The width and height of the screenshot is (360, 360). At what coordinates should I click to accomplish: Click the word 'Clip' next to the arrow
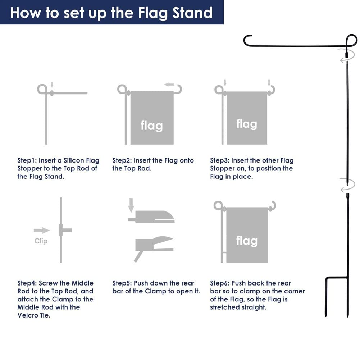41,241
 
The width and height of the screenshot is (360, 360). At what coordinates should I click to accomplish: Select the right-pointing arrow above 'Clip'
42,230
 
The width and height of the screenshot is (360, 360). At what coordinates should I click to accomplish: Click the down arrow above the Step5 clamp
131,206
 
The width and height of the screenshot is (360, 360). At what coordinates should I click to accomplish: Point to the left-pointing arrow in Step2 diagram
169,85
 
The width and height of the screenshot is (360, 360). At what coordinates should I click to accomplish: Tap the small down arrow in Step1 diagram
52,85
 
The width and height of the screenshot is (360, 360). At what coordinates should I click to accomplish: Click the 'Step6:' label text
220,283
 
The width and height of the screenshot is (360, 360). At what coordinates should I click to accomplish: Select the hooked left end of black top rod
246,40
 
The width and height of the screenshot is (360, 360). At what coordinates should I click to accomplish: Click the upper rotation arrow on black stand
344,59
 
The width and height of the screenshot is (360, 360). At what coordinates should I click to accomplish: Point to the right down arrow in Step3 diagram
269,85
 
